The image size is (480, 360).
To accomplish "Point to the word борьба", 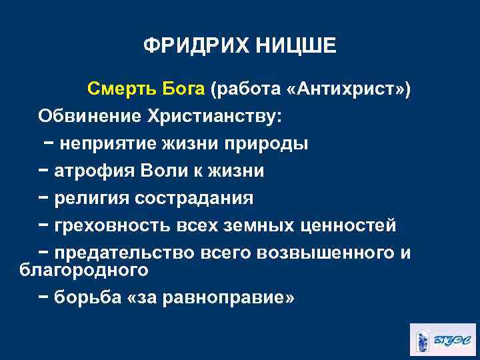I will pyautogui.click(x=87, y=297).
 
